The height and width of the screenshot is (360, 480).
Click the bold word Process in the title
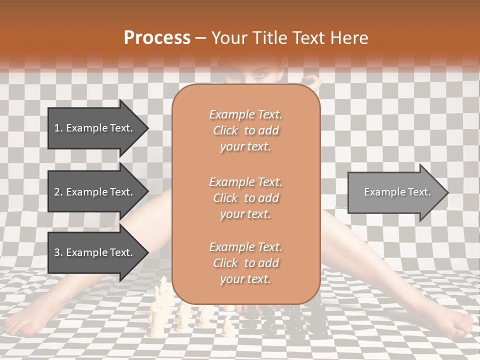click(x=157, y=38)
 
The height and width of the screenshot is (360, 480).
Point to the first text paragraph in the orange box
click(x=245, y=130)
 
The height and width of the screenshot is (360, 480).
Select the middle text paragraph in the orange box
click(x=245, y=197)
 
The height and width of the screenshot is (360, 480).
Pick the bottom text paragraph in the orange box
click(x=245, y=263)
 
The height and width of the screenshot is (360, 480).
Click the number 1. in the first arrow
click(x=58, y=128)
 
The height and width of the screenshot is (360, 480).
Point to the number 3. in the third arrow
click(x=58, y=252)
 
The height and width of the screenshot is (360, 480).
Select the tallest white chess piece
click(x=162, y=295)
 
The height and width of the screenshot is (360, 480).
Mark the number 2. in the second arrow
click(x=58, y=192)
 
